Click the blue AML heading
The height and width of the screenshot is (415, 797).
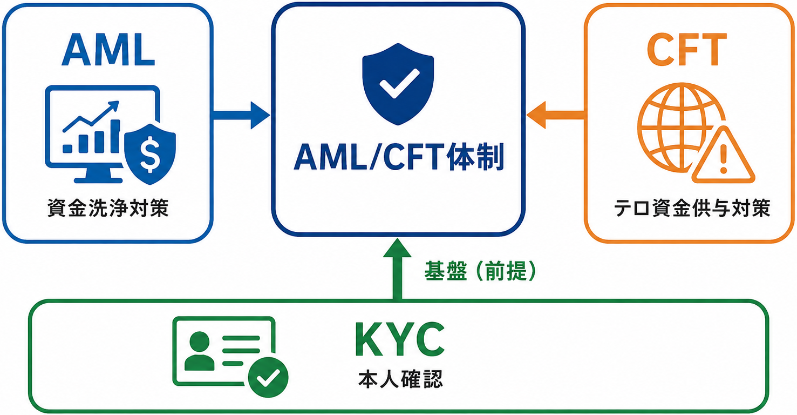point(108,50)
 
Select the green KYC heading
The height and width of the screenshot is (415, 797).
point(400,339)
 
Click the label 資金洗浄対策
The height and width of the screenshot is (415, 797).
point(108,208)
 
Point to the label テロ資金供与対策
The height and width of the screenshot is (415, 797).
point(692,208)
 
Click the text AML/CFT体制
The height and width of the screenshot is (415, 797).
point(399,157)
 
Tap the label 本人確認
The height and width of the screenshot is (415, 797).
point(400,379)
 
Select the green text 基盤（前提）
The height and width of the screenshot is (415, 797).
point(480,271)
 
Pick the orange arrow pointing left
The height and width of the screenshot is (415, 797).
point(556,115)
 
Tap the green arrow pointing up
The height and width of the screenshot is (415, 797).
point(398,269)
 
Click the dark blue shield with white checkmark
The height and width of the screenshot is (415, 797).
point(398,84)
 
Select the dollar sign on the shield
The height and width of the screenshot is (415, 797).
point(150,154)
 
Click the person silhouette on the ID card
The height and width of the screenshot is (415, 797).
point(199,351)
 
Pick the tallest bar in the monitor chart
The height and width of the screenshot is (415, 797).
point(115,136)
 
